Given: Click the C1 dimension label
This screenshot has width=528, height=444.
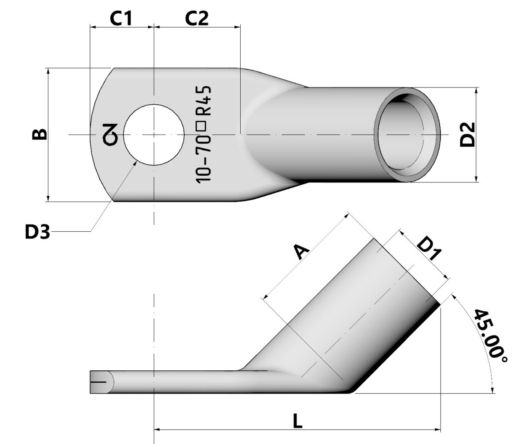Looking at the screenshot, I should point(121,18).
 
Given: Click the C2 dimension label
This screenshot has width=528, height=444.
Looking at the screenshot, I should point(197,18).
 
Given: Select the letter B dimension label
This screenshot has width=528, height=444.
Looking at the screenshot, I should point(39,134).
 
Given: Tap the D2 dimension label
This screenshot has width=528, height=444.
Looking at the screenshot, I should point(467,134).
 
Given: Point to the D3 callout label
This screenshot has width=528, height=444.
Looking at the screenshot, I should point(37,232).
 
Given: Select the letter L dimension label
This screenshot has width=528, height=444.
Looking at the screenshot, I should point(298,421).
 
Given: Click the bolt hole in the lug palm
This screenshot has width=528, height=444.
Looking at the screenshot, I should point(153,135).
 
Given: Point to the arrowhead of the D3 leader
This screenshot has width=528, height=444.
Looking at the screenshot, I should point(136,163).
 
